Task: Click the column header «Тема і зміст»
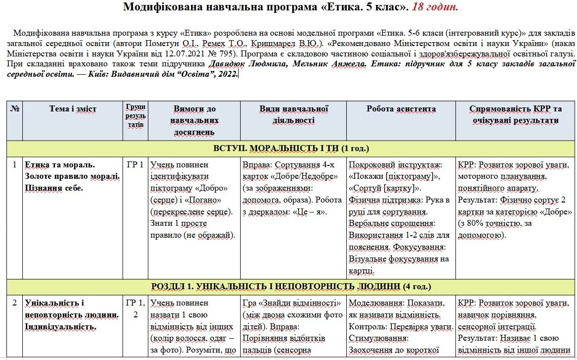pos(73,109)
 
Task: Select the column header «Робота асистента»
pos(401,109)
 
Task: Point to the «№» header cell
pos(14,109)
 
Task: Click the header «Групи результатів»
pos(135,115)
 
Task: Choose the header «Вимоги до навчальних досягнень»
pos(194,120)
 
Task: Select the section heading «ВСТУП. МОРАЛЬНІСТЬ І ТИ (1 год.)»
pos(291,148)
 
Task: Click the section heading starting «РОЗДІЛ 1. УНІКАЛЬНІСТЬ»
pos(291,286)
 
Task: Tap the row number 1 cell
pos(14,164)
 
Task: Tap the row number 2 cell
pos(14,303)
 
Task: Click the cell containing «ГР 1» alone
pos(135,164)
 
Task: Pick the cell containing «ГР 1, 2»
pos(135,308)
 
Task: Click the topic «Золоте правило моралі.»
pos(72,176)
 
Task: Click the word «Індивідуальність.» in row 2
pos(61,326)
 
